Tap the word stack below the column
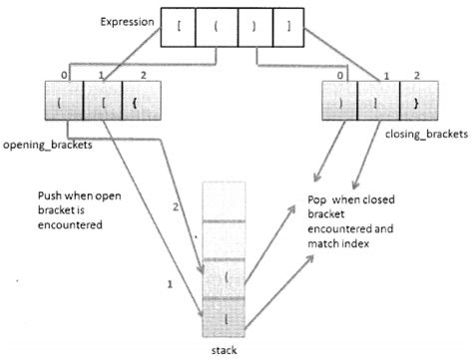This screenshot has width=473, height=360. click(233, 349)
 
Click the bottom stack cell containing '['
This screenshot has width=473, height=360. click(233, 314)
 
